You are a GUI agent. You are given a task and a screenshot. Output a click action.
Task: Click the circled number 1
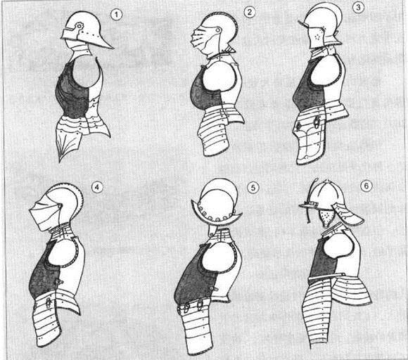(x=116, y=15)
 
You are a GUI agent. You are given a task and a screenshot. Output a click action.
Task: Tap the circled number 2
(x=250, y=12)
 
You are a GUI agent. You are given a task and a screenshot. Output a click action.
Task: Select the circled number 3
(x=358, y=7)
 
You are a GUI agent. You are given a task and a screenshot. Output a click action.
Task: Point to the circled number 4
(x=97, y=187)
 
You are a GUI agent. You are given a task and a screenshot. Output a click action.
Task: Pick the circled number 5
(x=253, y=187)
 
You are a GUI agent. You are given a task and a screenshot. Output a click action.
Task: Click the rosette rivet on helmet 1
(x=78, y=25)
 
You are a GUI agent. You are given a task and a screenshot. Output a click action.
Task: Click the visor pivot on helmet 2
(x=218, y=30)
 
